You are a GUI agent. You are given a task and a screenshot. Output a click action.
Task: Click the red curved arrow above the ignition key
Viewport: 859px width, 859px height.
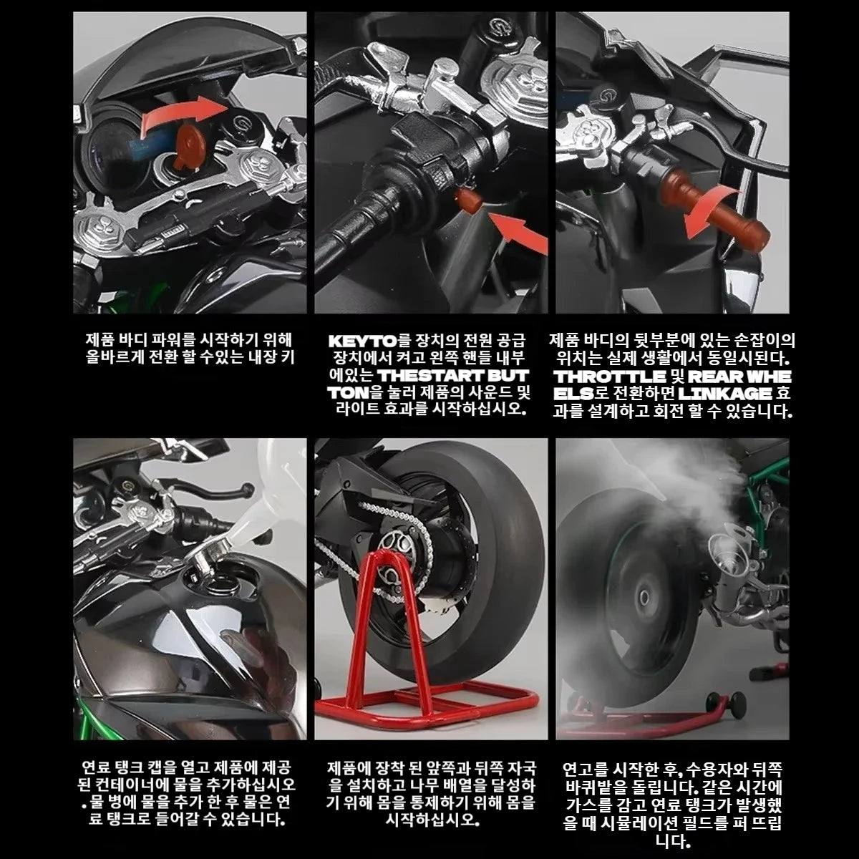(183, 114)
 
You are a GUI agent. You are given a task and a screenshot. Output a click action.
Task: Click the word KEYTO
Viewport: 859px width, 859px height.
(362, 341)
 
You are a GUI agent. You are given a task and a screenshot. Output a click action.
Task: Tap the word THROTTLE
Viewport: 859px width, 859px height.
(610, 377)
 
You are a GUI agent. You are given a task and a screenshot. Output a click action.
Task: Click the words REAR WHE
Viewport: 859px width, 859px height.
(739, 377)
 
